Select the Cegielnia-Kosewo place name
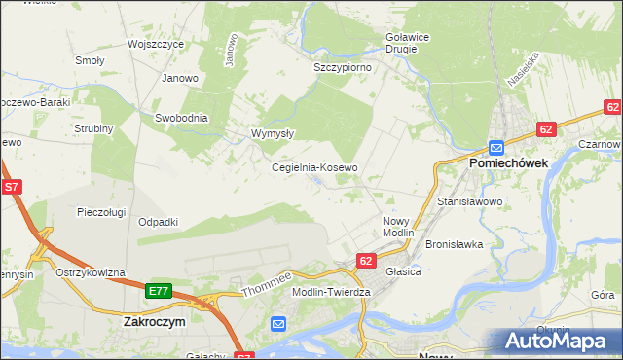(314, 167)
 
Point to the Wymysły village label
(273, 133)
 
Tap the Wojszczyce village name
(157, 45)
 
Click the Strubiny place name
(94, 128)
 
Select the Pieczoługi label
(103, 211)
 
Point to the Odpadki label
(158, 222)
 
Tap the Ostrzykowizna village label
(91, 272)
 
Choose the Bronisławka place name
(455, 244)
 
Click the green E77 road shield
(160, 290)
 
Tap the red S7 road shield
(12, 186)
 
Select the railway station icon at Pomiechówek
(496, 147)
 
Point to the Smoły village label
(90, 59)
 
